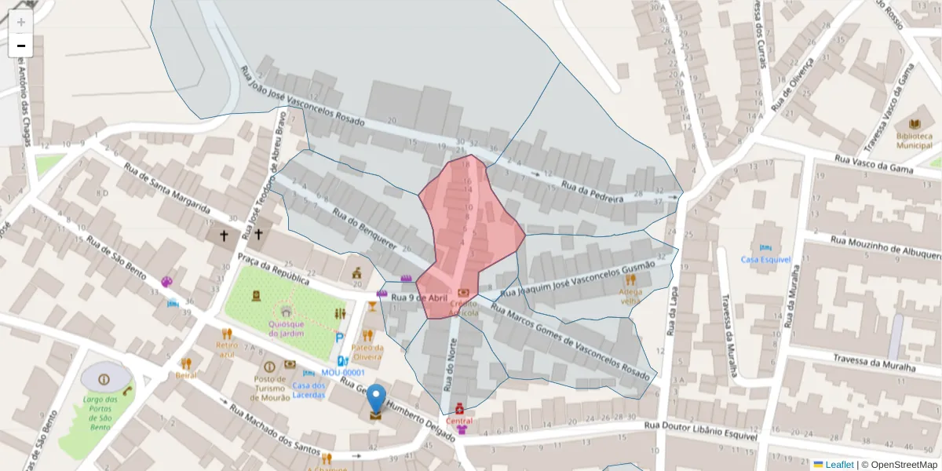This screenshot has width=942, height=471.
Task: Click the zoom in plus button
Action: click(x=20, y=22)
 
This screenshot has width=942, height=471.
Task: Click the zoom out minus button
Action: click(x=20, y=46)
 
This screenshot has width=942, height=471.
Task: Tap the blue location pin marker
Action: click(x=377, y=399)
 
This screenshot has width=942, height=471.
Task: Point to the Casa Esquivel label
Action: click(x=765, y=259)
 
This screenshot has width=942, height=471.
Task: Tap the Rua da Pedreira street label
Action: click(x=592, y=192)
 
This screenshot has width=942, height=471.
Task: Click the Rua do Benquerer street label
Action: click(x=364, y=228)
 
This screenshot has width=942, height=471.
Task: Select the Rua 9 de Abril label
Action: click(x=419, y=298)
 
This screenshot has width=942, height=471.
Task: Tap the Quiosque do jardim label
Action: click(x=286, y=328)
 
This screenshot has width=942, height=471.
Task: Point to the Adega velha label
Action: click(x=630, y=296)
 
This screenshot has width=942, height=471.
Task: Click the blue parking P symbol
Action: click(x=340, y=338)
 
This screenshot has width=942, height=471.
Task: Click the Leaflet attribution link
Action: click(x=838, y=465)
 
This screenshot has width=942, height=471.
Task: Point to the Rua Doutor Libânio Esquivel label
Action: click(x=701, y=430)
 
